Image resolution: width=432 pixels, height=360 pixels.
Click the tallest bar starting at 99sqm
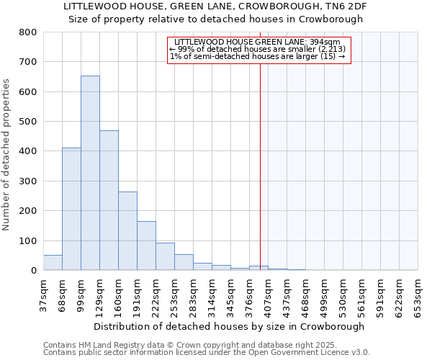(x=90, y=173)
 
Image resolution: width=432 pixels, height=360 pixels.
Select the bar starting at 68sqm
(x=71, y=209)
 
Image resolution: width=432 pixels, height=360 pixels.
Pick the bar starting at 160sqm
(x=127, y=230)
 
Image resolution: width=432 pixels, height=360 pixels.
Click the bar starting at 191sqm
(x=146, y=246)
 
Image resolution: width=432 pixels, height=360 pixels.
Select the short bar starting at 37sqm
(x=53, y=263)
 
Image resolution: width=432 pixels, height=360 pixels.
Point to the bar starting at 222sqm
(x=165, y=256)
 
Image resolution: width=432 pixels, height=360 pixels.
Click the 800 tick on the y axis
(x=28, y=32)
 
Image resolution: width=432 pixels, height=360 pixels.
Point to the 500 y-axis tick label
(x=28, y=122)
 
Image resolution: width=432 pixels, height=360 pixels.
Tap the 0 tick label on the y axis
(x=33, y=271)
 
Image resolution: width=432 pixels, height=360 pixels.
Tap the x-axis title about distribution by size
(x=229, y=326)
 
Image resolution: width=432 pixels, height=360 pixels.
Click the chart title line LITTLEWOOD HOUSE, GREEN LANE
(x=216, y=6)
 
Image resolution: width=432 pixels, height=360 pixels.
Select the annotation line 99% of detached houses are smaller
(x=258, y=50)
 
